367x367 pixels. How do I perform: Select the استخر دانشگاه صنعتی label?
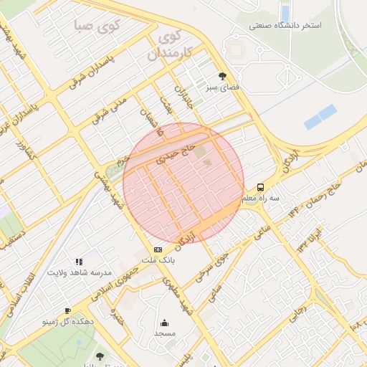point(285,26)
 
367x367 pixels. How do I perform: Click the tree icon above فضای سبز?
point(222,75)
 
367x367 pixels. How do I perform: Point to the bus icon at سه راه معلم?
point(260,187)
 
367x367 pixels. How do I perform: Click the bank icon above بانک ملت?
point(158,249)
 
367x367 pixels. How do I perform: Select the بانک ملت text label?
point(158,262)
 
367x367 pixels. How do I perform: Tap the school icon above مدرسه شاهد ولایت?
point(79,262)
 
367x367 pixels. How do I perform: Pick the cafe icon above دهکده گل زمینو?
point(67,310)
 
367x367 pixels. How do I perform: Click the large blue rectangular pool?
point(320,117)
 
